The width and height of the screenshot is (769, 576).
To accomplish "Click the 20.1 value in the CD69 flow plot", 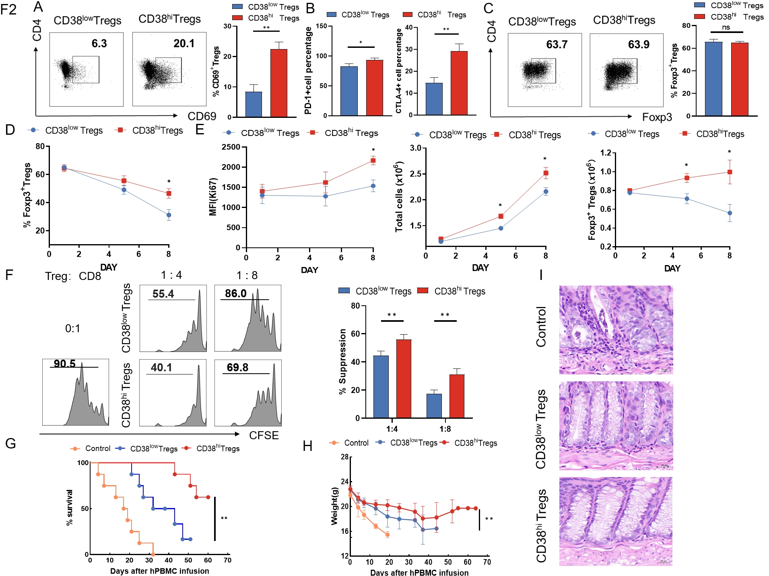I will coord(184,43).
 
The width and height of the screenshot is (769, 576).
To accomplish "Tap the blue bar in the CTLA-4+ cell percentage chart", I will coord(434,99).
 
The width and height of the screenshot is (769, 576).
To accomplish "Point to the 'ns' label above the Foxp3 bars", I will coord(726,27).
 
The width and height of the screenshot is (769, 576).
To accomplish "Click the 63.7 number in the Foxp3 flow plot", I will coord(557,45).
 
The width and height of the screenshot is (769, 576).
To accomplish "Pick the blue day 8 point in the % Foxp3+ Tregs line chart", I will coord(169,215).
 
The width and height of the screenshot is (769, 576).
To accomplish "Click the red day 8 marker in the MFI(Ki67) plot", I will coord(373,160).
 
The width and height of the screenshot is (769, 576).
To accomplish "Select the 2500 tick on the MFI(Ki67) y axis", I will coord(231,147).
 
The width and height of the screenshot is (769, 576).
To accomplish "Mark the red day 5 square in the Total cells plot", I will coord(501,216).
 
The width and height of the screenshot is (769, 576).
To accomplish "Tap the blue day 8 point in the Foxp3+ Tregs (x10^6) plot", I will coord(730,213).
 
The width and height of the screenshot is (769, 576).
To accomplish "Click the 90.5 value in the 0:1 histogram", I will coord(65,364).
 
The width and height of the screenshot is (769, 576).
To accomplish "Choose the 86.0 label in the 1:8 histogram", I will coord(235,294).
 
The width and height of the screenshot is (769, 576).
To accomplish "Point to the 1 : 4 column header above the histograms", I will coord(171,275).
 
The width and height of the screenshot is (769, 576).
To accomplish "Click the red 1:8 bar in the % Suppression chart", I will coord(457,396).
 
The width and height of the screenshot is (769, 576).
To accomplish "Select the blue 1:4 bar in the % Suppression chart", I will coord(381,387).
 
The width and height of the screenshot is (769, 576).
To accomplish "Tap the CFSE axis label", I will coord(264,436).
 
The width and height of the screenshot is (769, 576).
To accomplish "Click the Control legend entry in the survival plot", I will coord(97,448).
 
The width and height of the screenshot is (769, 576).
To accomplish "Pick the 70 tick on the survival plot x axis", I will coord(227,560).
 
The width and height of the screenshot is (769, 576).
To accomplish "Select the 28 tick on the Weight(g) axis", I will coord(344,457).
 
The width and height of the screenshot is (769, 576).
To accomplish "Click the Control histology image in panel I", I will coord(616,330).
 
